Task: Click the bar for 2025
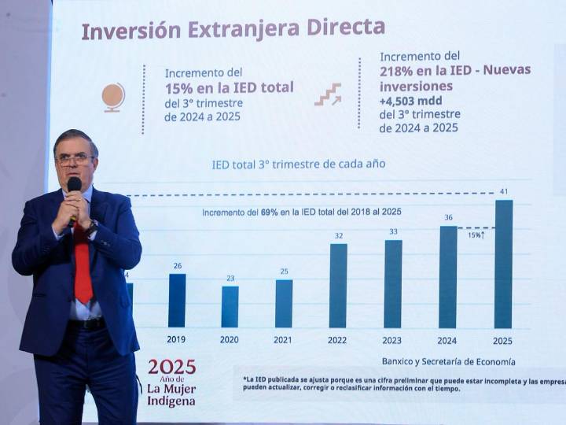pos(503,264)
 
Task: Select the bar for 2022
pos(338,285)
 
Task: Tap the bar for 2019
pos(177,300)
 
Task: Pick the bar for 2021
pos(284,303)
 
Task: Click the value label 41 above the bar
pos(503,191)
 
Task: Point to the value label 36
pos(448,218)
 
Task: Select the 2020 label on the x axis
pos(230,340)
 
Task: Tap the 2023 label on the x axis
pos(391,340)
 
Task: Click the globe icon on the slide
pos(113,97)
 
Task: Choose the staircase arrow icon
pos(328,94)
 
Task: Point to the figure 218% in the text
pos(399,70)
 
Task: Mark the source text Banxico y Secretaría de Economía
pos(448,361)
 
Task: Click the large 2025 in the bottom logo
pos(171,367)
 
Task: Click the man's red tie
pos(83,264)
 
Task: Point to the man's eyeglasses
pos(75,159)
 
